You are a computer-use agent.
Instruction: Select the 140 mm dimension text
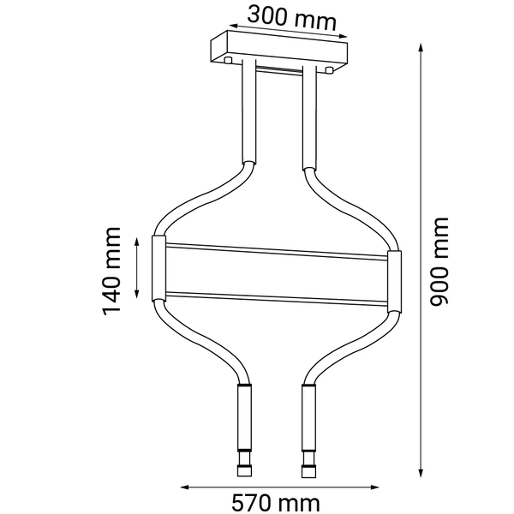coord(111,271)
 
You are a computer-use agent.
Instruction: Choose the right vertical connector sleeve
coord(394,283)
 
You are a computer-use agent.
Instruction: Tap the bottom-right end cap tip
coord(307,471)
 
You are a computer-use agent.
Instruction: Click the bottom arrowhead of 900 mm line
coord(421,472)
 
